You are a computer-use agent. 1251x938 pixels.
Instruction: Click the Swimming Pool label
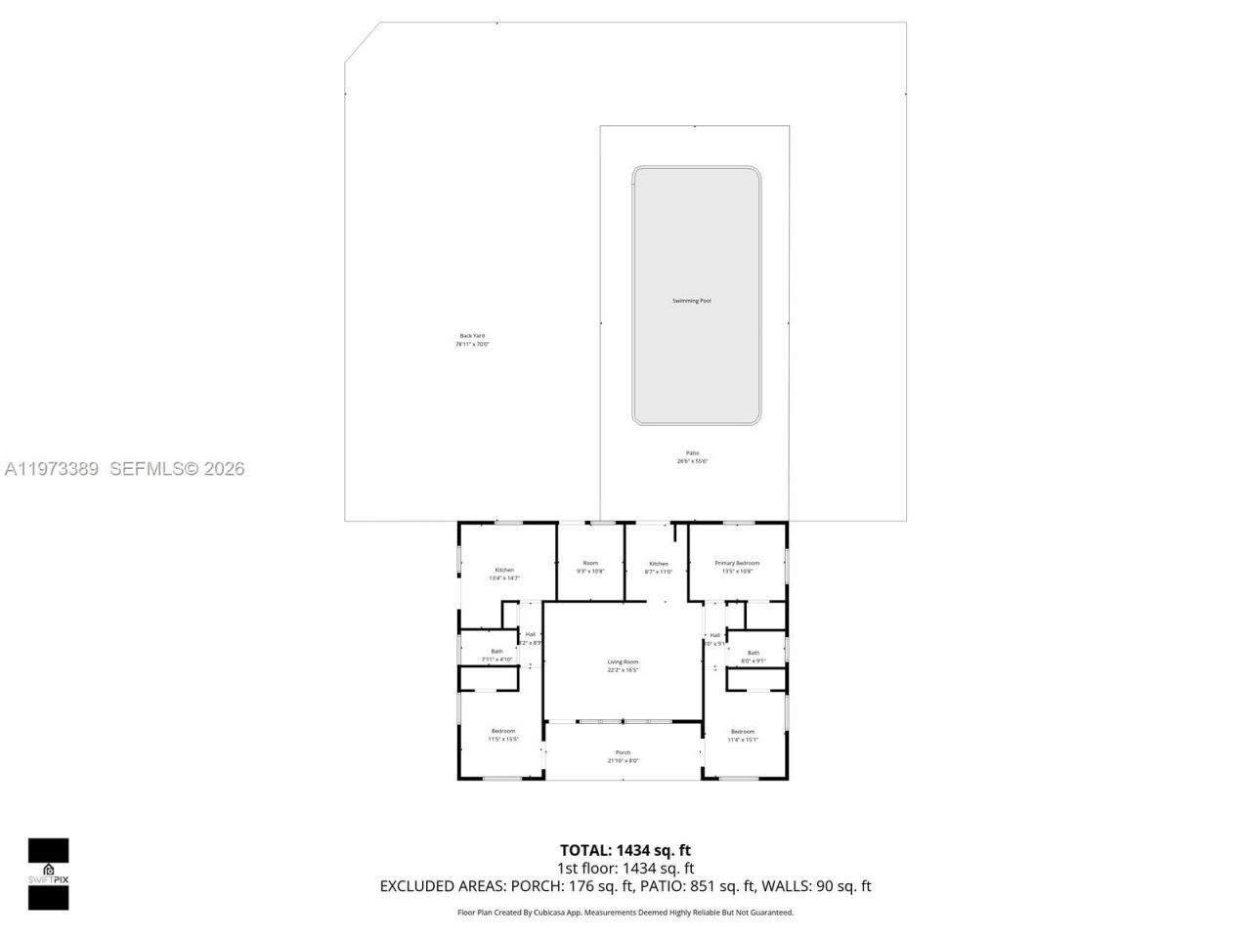(691, 301)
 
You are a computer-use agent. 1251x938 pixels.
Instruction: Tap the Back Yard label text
(472, 336)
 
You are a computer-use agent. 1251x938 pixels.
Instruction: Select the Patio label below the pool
(692, 453)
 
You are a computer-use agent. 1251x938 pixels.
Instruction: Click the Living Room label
(623, 662)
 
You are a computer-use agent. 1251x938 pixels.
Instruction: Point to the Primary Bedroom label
(737, 563)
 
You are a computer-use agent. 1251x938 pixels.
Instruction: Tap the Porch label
(623, 752)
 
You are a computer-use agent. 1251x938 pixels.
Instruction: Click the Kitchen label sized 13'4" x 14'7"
(504, 571)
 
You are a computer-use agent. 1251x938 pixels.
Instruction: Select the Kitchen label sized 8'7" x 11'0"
(659, 564)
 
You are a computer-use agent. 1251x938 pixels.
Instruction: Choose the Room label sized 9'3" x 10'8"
(590, 563)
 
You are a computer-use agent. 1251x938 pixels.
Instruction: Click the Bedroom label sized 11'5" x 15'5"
(503, 731)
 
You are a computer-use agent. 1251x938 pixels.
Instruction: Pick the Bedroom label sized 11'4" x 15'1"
(743, 732)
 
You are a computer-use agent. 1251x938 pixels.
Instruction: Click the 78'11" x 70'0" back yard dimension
(472, 345)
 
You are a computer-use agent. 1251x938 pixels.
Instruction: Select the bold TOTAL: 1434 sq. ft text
(625, 851)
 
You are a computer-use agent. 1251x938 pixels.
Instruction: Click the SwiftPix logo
(48, 873)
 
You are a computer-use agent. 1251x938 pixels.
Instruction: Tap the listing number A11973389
(52, 469)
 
